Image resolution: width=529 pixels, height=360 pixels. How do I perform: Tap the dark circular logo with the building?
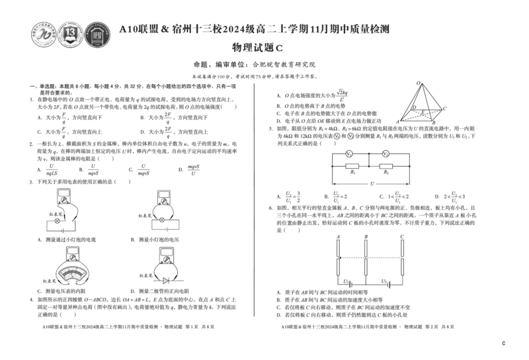[97, 34]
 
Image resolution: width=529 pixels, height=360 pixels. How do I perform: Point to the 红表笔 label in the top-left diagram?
[53, 213]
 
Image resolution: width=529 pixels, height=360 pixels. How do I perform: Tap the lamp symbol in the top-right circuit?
[162, 219]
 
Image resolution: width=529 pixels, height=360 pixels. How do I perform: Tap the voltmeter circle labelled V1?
[349, 154]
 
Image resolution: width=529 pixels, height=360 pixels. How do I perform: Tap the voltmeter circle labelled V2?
[386, 154]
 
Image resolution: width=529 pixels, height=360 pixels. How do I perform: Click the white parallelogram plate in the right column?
[421, 114]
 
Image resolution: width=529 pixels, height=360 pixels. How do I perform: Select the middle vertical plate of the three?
[367, 257]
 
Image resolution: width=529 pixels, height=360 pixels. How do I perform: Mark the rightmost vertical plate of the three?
[399, 257]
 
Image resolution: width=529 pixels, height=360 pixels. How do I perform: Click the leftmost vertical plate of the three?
[338, 257]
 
